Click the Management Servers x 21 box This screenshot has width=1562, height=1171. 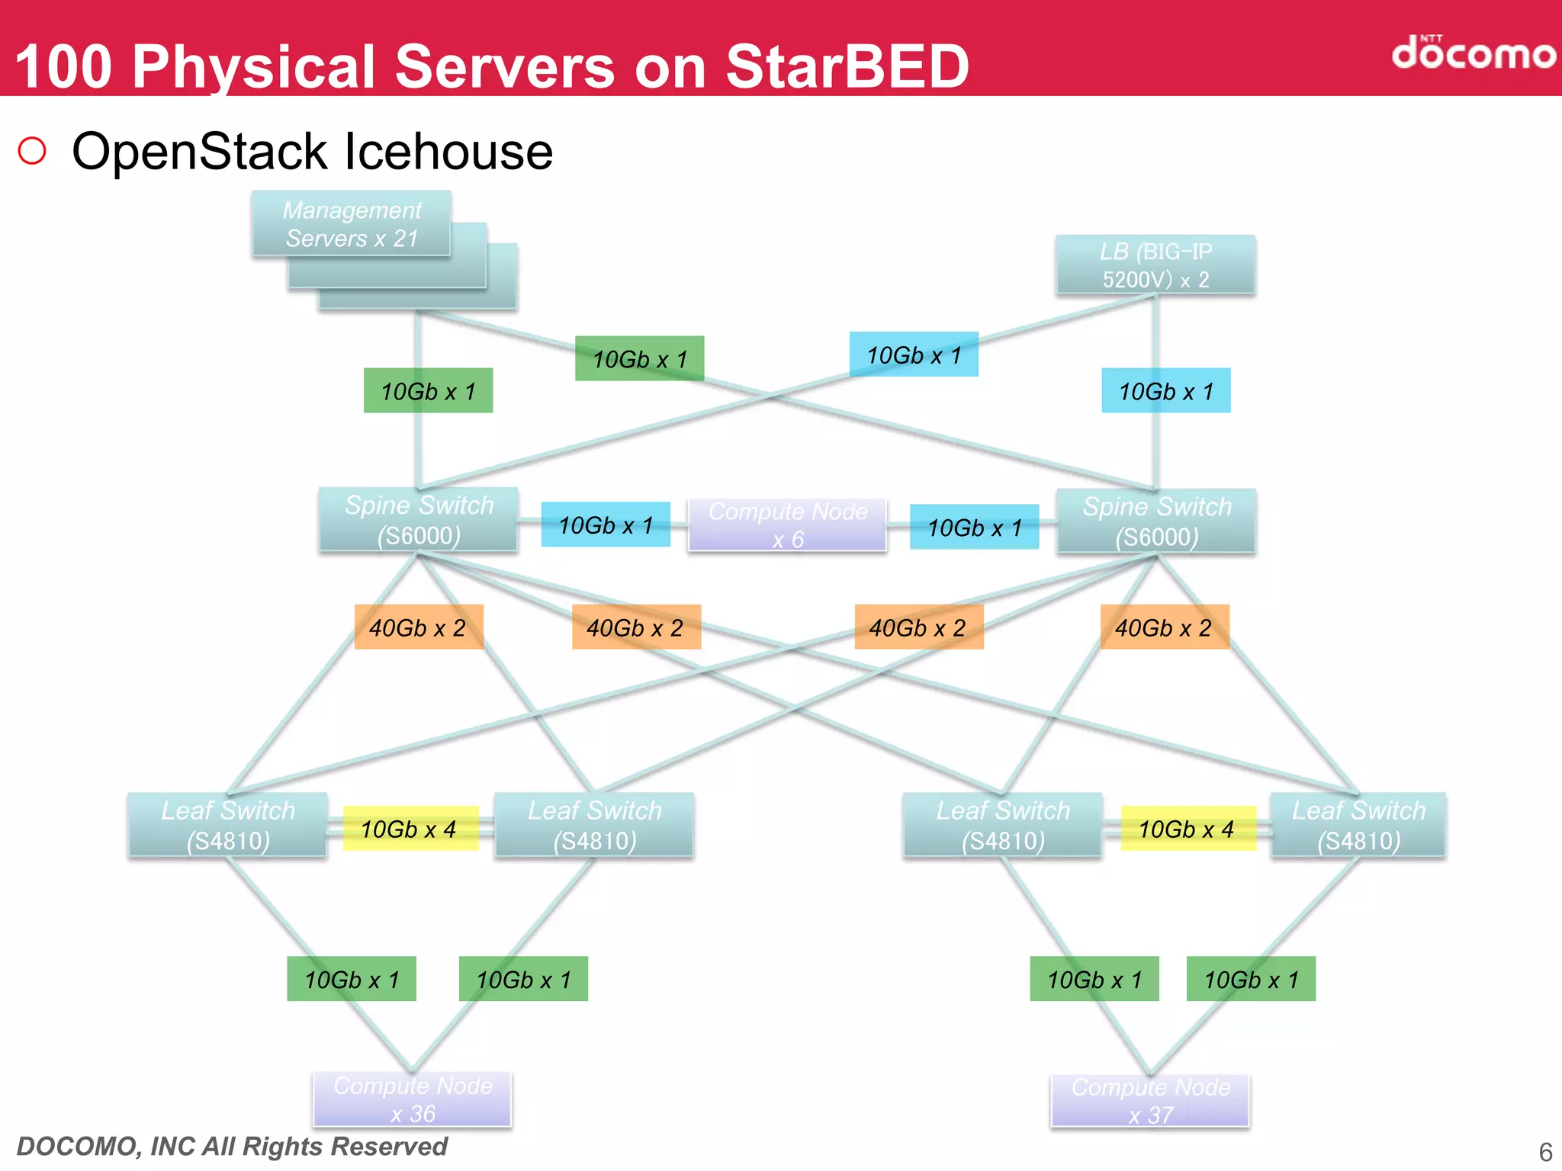(x=352, y=223)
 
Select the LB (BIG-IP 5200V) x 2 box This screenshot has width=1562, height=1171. (x=1155, y=265)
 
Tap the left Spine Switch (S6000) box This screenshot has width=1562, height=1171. (x=418, y=520)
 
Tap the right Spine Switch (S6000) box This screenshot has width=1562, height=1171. (x=1155, y=521)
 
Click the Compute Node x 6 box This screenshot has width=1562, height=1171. (x=787, y=525)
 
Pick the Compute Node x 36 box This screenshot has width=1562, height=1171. (x=412, y=1099)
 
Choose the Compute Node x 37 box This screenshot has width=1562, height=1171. (x=1150, y=1100)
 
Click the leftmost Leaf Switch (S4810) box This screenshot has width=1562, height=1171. (x=228, y=825)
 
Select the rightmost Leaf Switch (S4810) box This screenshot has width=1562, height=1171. (x=1358, y=825)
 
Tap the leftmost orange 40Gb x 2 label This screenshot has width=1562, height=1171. (x=419, y=627)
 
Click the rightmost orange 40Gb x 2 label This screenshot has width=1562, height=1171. (x=1164, y=627)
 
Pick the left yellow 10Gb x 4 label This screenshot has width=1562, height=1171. (x=410, y=829)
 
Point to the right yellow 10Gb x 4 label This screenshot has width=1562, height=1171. (x=1188, y=829)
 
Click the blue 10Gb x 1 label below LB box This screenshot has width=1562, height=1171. (x=1165, y=391)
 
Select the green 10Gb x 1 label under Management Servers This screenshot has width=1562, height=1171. (x=428, y=391)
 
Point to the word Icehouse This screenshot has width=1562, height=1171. (x=448, y=151)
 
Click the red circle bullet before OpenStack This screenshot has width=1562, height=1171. (x=32, y=151)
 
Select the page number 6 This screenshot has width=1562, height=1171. (x=1545, y=1151)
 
